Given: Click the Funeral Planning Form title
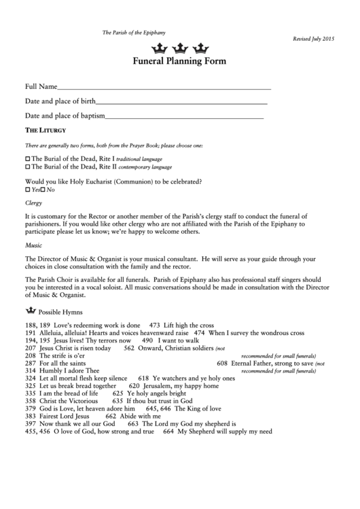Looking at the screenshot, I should pos(180,61).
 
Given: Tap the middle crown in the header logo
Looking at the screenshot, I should pos(180,48).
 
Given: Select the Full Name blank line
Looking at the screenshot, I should pos(164,88).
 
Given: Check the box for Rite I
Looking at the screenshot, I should pos(27,158).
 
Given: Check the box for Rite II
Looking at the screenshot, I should pos(27,166).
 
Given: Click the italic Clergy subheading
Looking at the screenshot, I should pos(33,203).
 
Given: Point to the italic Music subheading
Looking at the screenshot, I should pos(33,244).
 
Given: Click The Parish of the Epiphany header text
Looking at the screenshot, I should pos(134,33).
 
